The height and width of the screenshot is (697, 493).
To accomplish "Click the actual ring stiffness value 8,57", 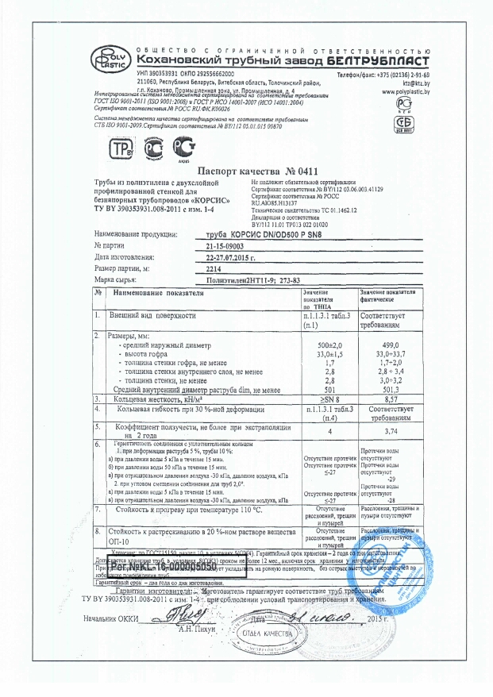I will [384, 399].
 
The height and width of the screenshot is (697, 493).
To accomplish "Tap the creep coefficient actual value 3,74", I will [384, 431].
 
